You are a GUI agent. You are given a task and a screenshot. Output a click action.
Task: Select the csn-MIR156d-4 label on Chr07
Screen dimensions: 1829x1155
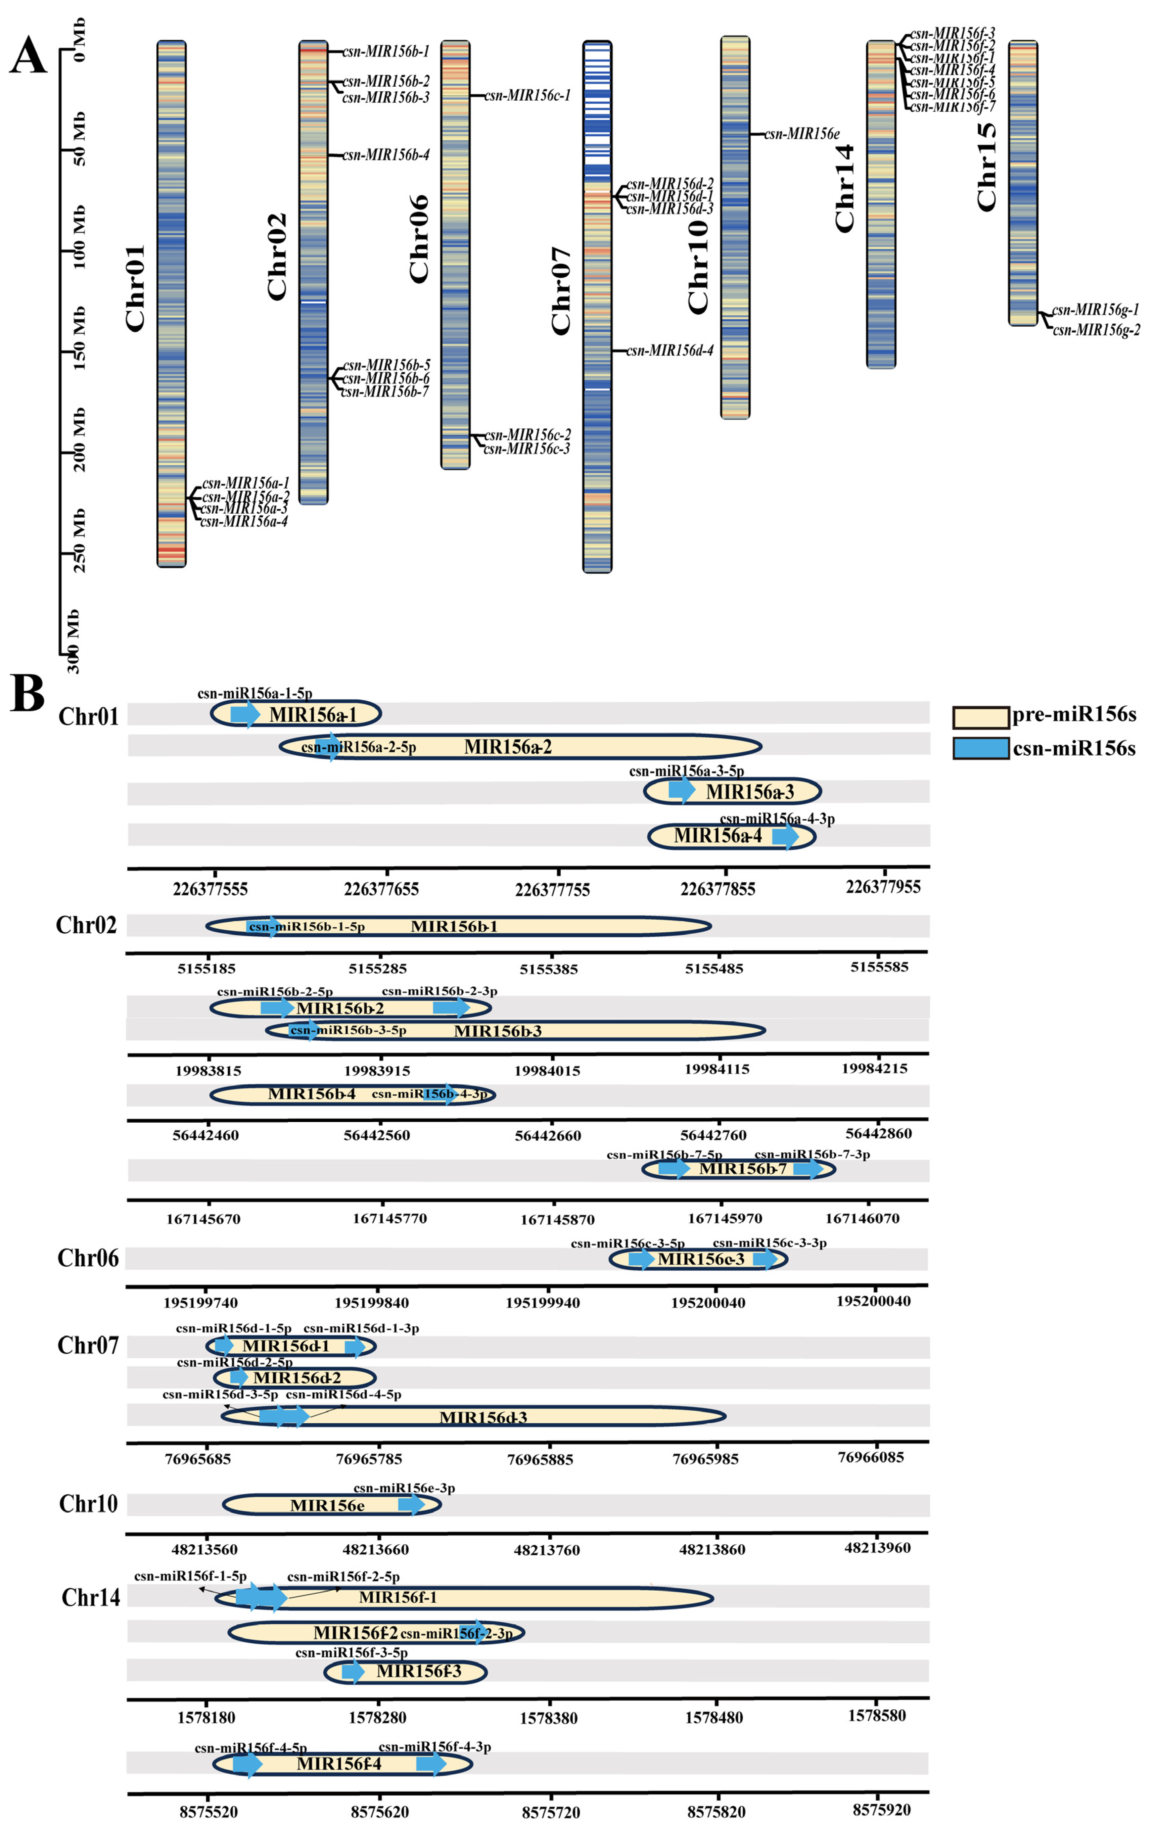pyautogui.click(x=670, y=351)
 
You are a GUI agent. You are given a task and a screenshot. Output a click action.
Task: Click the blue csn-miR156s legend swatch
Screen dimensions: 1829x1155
pyautogui.click(x=980, y=748)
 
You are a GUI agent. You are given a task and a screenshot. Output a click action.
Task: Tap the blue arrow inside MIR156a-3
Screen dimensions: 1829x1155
pyautogui.click(x=681, y=790)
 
